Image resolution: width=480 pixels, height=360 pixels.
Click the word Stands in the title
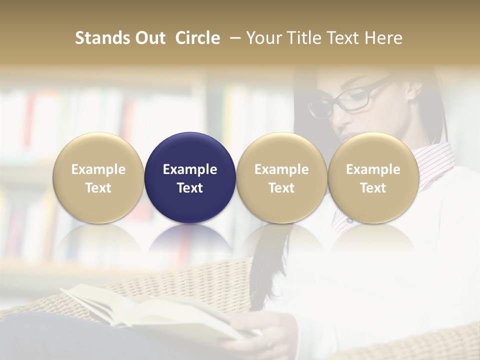pos(101,38)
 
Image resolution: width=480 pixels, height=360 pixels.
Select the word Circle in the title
pos(197,38)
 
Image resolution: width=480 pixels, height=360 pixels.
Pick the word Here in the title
pos(383,38)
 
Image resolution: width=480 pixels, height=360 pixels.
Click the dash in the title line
pos(234,38)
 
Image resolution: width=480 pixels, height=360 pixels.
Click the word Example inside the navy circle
pos(190,169)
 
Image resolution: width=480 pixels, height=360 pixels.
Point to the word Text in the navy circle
pos(190,188)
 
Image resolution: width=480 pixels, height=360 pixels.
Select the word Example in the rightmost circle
pos(373,169)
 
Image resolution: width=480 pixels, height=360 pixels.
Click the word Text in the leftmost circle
pos(98,188)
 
